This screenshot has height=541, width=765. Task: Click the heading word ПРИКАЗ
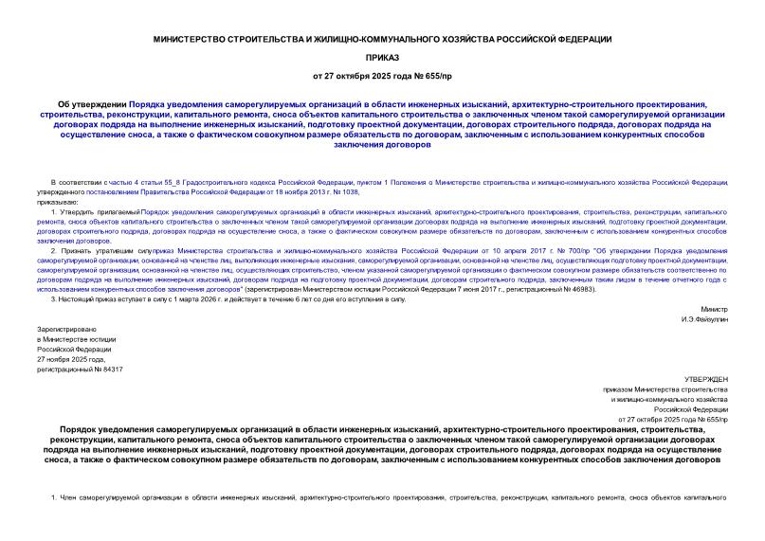[382, 57]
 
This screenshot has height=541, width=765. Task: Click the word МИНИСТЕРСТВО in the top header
[194, 39]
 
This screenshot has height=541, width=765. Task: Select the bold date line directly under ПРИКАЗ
[382, 75]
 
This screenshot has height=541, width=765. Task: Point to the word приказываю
[56, 202]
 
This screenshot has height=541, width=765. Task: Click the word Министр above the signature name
[715, 310]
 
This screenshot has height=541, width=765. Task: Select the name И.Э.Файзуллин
[704, 320]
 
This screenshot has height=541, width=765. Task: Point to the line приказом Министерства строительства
[665, 388]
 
